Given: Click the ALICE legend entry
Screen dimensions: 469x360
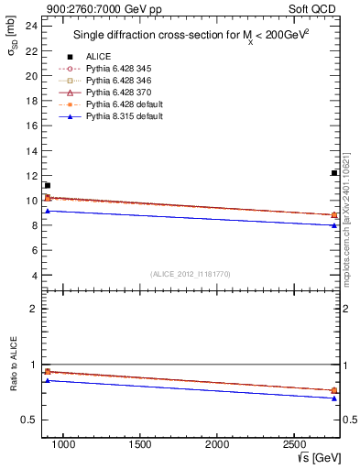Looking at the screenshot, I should pos(98,57).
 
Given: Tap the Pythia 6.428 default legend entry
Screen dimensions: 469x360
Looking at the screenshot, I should pos(123,104).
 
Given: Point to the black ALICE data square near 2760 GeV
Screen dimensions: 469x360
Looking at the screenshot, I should pos(334,173).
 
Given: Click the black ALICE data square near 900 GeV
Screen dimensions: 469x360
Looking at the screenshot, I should pos(47,185).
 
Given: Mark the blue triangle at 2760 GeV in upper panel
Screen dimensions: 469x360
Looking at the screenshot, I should pos(334,225).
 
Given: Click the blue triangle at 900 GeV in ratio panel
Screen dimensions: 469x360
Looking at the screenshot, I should pos(47,380).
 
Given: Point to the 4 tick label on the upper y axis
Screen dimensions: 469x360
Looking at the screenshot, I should pos(33,275).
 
